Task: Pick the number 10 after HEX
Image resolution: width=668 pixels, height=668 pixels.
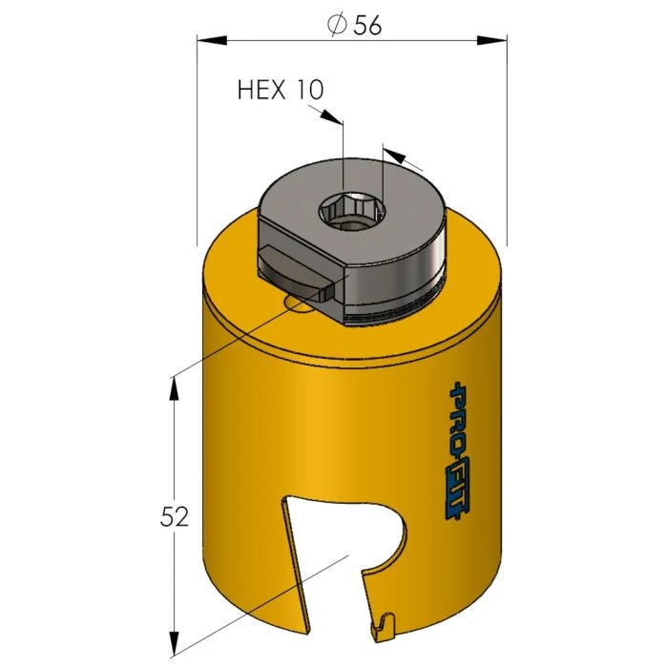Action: (310, 90)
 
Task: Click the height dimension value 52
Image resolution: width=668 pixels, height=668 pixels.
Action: (175, 518)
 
